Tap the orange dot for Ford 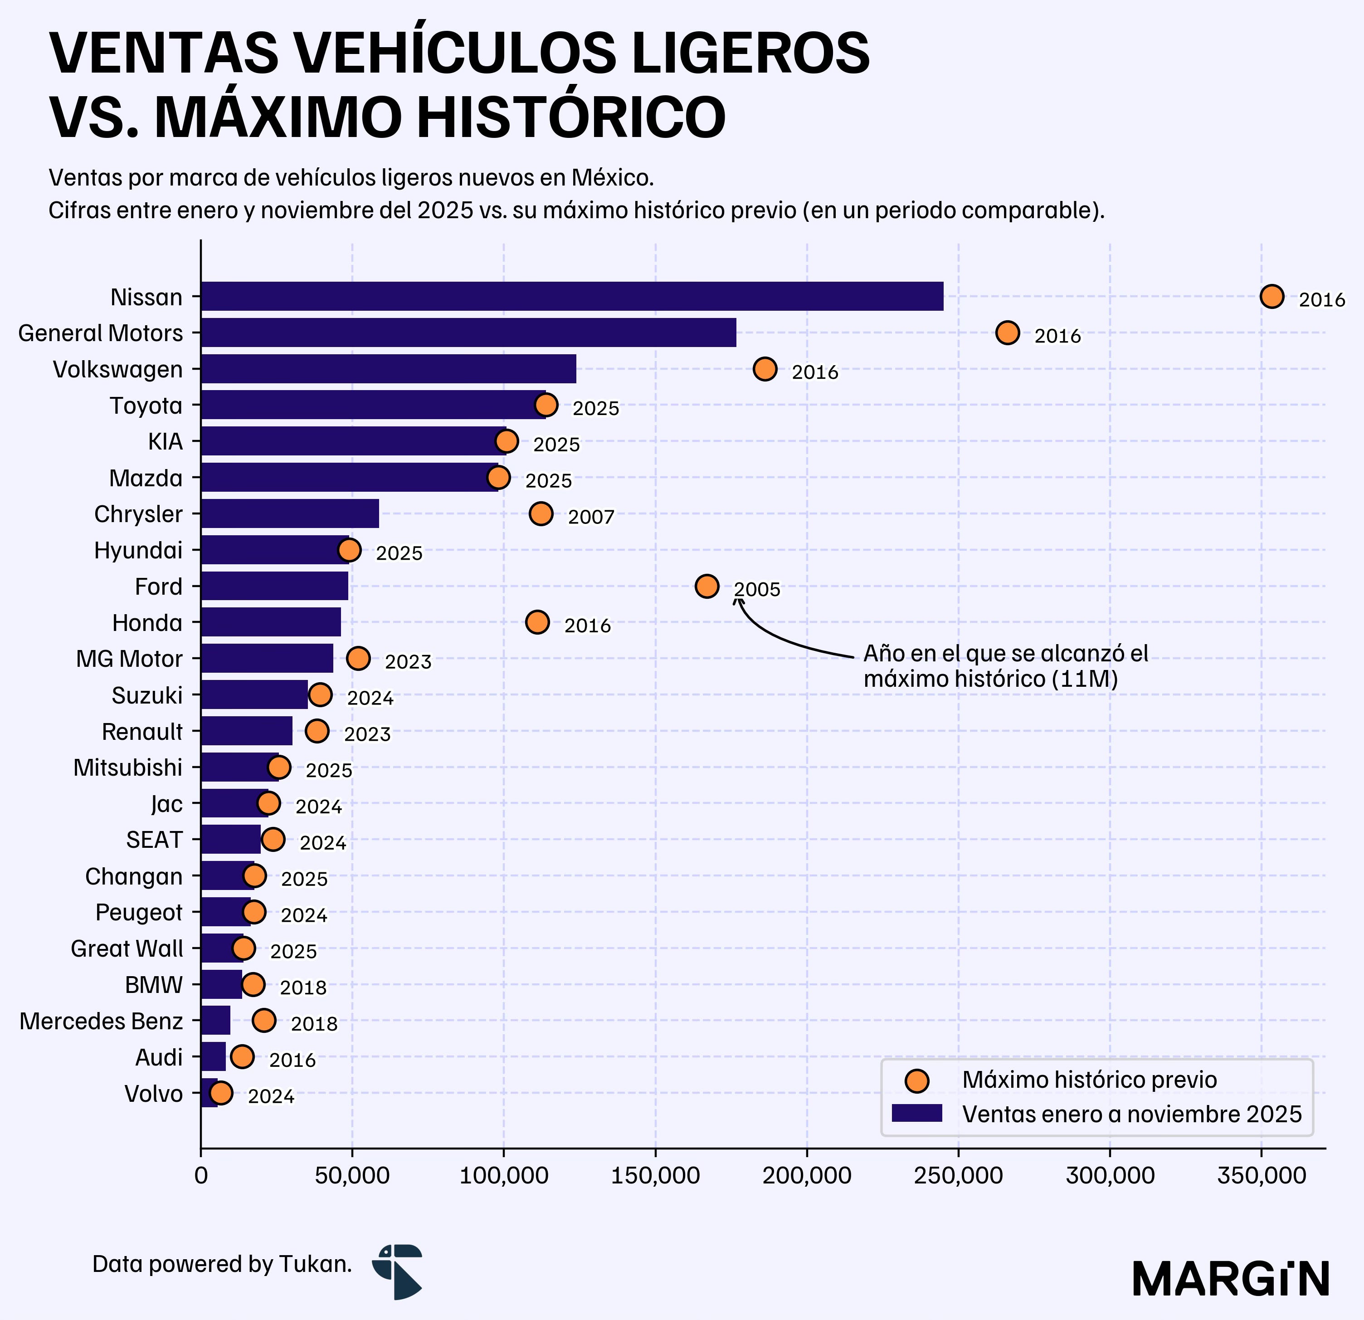pyautogui.click(x=706, y=586)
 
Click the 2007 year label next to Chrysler pyautogui.click(x=591, y=517)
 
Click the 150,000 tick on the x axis pyautogui.click(x=655, y=1176)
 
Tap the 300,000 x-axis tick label pyautogui.click(x=1110, y=1176)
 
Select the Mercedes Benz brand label pyautogui.click(x=101, y=1022)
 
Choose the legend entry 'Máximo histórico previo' pyautogui.click(x=1089, y=1080)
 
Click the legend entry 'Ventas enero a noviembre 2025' pyautogui.click(x=1131, y=1114)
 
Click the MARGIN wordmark pyautogui.click(x=1230, y=1280)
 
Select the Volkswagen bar pyautogui.click(x=388, y=369)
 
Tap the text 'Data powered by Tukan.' pyautogui.click(x=222, y=1264)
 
